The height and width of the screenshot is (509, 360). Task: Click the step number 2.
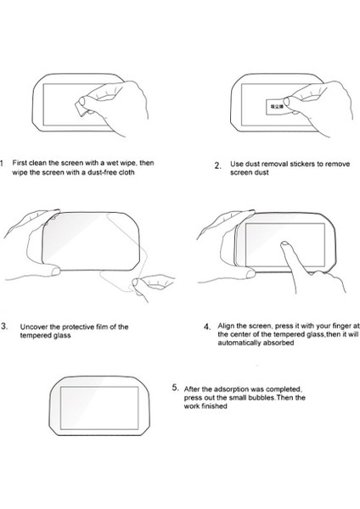(217, 166)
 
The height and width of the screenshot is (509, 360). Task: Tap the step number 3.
(4, 327)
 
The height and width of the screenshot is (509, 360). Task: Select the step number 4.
(207, 327)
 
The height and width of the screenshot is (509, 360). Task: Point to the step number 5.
(176, 388)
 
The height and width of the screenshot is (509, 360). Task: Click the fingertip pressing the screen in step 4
(284, 243)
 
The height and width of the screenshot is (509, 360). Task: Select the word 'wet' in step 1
(113, 163)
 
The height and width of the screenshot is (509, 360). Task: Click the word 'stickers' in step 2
(302, 164)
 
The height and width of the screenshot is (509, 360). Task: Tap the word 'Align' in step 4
(226, 326)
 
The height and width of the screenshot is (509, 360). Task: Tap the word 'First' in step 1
(20, 163)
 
